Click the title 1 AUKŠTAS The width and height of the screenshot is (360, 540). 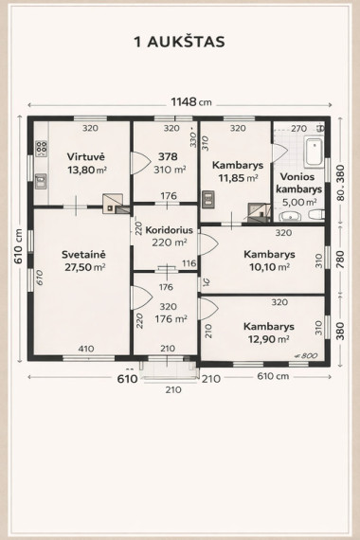pyautogui.click(x=179, y=42)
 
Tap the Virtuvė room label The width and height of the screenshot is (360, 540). pyautogui.click(x=86, y=156)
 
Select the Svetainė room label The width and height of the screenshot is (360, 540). pyautogui.click(x=83, y=255)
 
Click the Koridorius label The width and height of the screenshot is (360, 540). pyautogui.click(x=169, y=229)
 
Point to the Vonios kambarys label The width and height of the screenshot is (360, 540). pyautogui.click(x=299, y=183)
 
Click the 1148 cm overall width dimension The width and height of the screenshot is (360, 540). pyautogui.click(x=191, y=102)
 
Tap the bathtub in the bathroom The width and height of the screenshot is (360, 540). pyautogui.click(x=314, y=152)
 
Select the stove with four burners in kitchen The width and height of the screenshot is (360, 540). pyautogui.click(x=42, y=149)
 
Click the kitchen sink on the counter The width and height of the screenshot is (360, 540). pyautogui.click(x=41, y=181)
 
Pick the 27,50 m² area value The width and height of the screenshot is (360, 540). pyautogui.click(x=85, y=267)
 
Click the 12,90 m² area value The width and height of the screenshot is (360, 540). pyautogui.click(x=269, y=339)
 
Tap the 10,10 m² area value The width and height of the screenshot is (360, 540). pyautogui.click(x=269, y=267)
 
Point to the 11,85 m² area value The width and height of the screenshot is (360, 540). pyautogui.click(x=238, y=178)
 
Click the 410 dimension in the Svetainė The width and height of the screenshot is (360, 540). pyautogui.click(x=86, y=349)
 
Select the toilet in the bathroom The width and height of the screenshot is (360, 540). pyautogui.click(x=316, y=214)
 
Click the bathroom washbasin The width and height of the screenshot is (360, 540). pyautogui.click(x=291, y=216)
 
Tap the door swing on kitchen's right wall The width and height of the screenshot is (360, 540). pyautogui.click(x=140, y=163)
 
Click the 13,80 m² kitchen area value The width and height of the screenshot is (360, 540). pyautogui.click(x=87, y=170)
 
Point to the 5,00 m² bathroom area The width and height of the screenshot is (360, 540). pyautogui.click(x=299, y=202)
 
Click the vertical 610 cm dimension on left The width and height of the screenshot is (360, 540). pyautogui.click(x=18, y=246)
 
